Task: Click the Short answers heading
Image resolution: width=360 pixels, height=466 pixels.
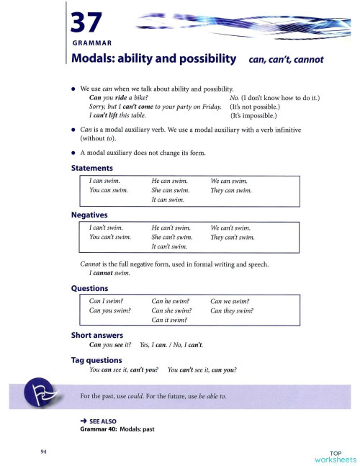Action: coord(96,335)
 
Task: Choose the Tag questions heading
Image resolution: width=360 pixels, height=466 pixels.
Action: coord(96,359)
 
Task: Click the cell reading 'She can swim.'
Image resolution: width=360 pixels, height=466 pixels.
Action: coord(170,190)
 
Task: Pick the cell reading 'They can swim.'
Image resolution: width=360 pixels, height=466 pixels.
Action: coord(231,190)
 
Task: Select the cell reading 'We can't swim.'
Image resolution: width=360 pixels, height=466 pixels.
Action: coord(230,227)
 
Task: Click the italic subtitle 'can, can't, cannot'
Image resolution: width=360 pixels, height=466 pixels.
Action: coord(286,61)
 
